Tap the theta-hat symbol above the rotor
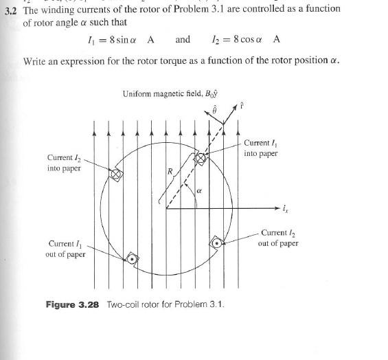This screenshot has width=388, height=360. click(x=214, y=110)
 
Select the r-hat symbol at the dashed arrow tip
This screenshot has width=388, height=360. click(x=242, y=107)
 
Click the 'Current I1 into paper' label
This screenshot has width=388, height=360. click(x=260, y=148)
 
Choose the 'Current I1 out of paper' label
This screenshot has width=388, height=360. click(x=67, y=247)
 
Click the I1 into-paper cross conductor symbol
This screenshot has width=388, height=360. click(x=201, y=158)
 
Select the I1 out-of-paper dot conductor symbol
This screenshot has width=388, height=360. click(x=132, y=260)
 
